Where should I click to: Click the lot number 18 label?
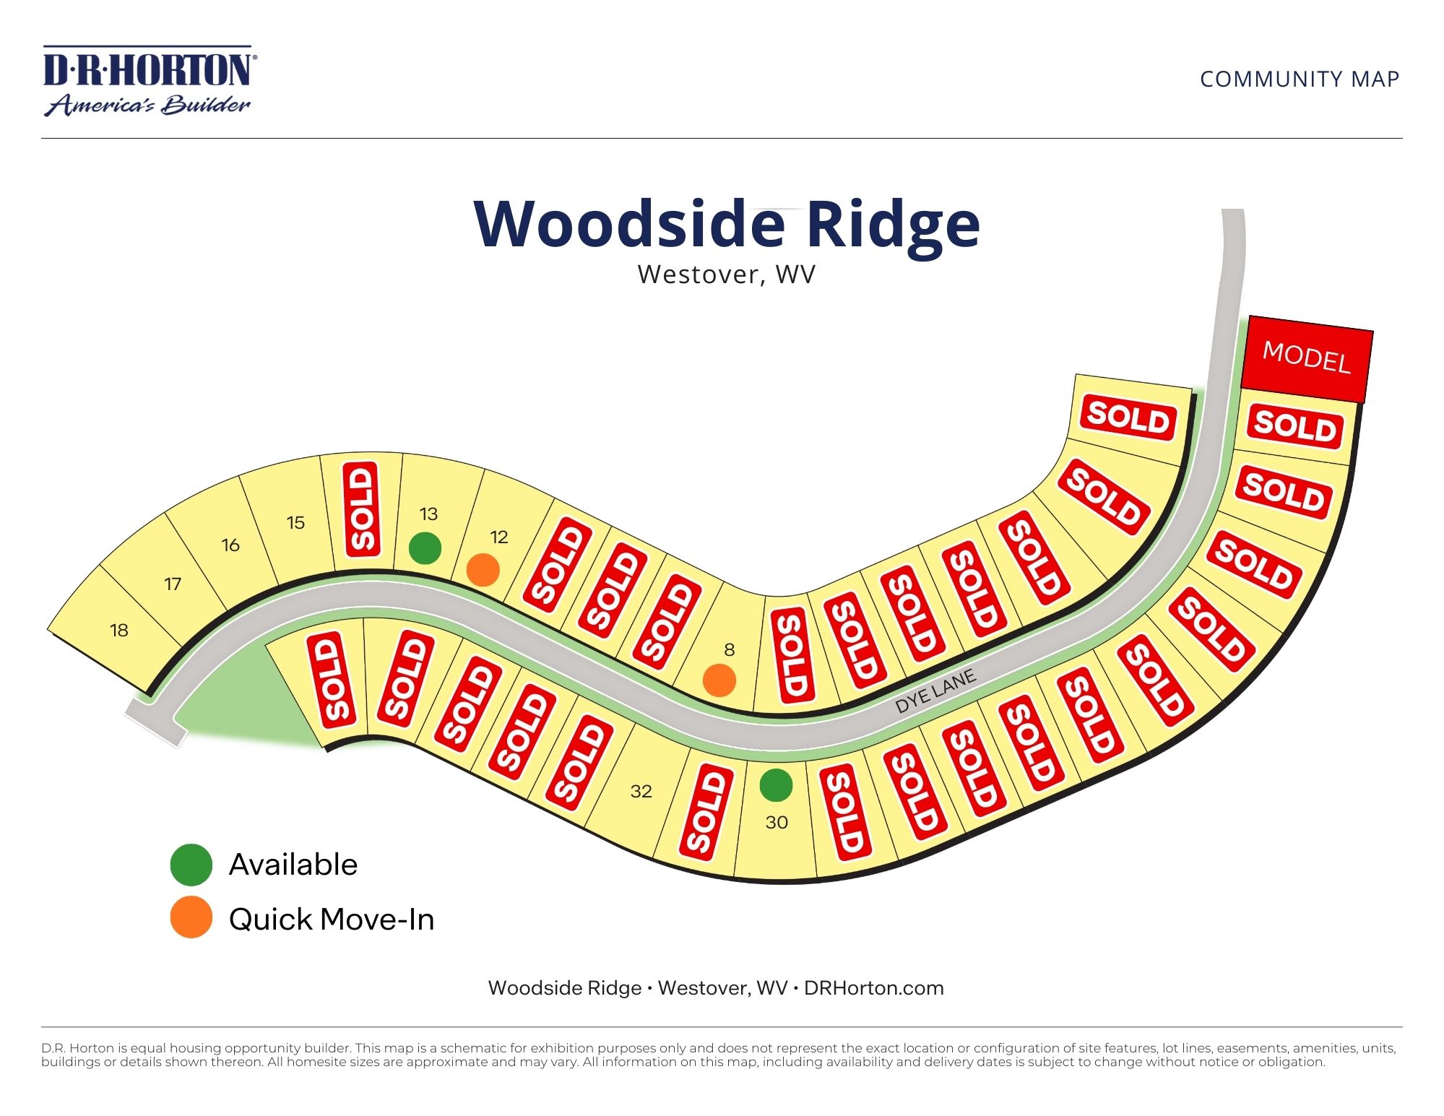coord(119,631)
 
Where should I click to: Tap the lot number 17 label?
coord(173,584)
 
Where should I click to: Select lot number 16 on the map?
coord(230,545)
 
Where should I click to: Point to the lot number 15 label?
coord(295,523)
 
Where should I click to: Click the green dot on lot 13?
coord(425,548)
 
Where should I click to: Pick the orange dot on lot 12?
coord(483,570)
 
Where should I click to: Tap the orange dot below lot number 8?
coord(719,680)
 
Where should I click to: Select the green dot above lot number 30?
coord(776,785)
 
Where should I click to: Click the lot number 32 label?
coord(641,792)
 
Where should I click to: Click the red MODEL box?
coord(1306,358)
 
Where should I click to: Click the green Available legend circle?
coord(191,865)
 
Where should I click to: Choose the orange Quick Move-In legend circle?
coord(191,918)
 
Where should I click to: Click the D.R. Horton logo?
coord(148,81)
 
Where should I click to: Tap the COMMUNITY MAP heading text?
coord(1300,79)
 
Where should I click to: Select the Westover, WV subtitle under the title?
coord(726,274)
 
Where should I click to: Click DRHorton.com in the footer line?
coord(873,988)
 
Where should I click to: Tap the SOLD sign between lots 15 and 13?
coord(362,509)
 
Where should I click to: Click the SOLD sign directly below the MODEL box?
coord(1294,426)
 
